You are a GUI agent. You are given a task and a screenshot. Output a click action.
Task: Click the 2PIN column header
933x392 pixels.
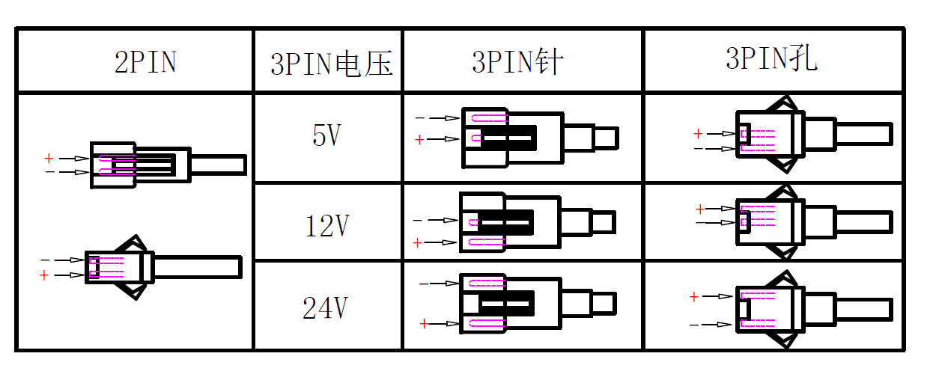click(145, 63)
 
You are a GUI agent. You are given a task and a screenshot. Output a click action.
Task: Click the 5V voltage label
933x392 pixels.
click(327, 136)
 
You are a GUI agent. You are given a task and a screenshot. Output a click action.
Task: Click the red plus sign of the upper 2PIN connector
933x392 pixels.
click(49, 159)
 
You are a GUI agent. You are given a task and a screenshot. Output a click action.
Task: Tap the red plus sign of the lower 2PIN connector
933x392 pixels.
click(43, 275)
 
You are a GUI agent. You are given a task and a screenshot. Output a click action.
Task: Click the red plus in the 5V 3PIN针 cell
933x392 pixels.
click(419, 139)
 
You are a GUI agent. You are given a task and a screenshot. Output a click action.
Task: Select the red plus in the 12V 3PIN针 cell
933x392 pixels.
click(418, 242)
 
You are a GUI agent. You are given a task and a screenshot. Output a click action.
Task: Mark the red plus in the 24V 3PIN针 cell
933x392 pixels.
click(424, 324)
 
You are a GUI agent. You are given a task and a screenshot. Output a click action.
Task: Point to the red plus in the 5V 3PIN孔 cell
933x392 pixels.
click(698, 134)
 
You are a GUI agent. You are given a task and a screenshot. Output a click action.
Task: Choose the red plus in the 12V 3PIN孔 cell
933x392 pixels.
click(700, 209)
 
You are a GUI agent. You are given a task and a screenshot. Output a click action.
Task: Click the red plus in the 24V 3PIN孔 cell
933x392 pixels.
click(693, 297)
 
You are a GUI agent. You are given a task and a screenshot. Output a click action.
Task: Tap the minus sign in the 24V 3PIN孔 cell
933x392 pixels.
click(694, 325)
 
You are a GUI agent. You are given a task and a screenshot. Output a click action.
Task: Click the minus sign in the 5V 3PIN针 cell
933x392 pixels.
click(419, 118)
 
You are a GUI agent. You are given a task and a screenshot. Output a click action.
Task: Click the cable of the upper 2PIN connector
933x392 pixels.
click(218, 165)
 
